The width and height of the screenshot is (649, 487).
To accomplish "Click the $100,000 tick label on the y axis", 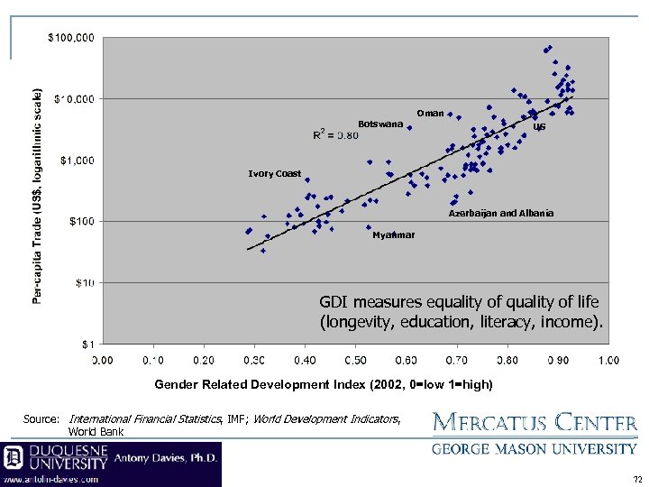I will (70, 38).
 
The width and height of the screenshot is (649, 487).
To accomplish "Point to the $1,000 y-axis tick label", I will (76, 161).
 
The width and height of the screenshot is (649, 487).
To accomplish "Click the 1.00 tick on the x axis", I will (608, 361).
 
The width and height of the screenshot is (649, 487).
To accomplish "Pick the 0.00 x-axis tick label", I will (102, 361).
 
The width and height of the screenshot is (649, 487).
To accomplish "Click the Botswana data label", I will (379, 124).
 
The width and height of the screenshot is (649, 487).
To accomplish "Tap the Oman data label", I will (429, 114).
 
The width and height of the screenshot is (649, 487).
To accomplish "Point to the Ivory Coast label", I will (275, 174).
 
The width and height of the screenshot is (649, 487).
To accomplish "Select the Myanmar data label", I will (394, 235).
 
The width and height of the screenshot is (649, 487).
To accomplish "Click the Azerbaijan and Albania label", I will (501, 214).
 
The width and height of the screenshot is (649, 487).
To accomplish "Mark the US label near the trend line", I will (539, 128).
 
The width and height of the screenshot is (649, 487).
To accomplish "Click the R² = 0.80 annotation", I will (335, 135).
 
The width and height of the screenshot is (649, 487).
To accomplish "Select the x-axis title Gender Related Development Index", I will (324, 384).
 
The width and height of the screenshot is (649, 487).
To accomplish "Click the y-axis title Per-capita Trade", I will (37, 196).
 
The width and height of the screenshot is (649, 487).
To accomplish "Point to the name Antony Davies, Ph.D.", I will (167, 458).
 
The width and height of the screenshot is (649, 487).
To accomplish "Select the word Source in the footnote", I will (41, 419).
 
